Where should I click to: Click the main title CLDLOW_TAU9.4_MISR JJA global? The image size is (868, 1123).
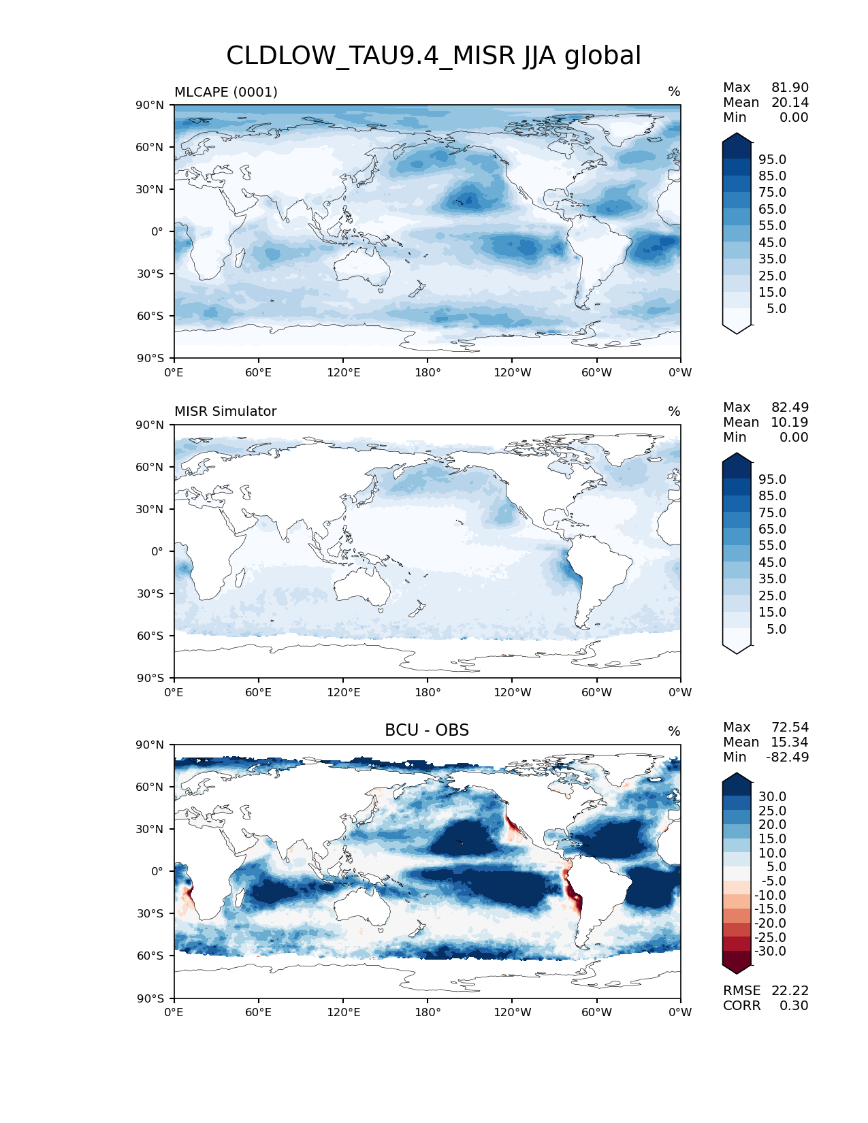[434, 56]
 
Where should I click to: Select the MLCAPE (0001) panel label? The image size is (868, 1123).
[225, 92]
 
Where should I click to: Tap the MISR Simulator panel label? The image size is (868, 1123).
[225, 412]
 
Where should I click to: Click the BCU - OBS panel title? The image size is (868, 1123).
[427, 730]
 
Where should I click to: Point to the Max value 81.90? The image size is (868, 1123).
[790, 88]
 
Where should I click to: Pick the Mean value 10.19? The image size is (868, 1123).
[790, 423]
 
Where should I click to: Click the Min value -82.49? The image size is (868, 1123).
[788, 758]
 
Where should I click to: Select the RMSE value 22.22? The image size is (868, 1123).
[790, 991]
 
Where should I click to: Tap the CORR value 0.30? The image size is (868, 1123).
[794, 1006]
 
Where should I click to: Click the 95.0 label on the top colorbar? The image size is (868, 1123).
[772, 160]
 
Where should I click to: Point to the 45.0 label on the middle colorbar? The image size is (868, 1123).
[772, 563]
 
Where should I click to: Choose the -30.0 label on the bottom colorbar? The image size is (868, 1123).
[770, 951]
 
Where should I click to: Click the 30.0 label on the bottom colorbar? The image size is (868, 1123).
[772, 797]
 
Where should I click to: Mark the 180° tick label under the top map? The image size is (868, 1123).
[428, 372]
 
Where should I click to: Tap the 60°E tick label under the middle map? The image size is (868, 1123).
[258, 692]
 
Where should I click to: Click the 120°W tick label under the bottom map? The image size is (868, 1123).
[512, 1012]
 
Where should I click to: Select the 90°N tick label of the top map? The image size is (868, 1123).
[148, 105]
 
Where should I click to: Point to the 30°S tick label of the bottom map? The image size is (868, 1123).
[148, 913]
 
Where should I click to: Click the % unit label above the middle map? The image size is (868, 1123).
[674, 412]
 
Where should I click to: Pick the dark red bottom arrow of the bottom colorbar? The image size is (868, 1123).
[737, 966]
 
